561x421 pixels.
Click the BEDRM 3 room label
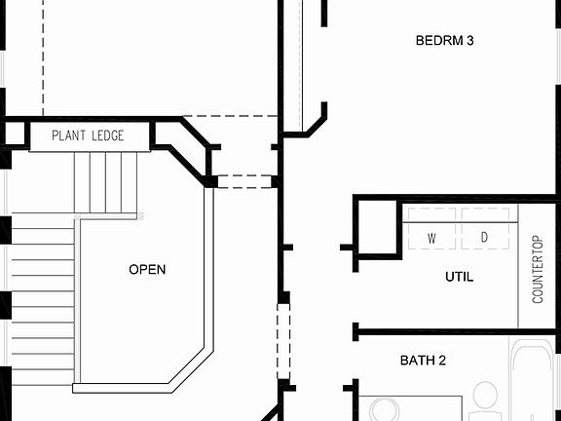pyautogui.click(x=445, y=41)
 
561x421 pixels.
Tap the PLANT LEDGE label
pyautogui.click(x=88, y=136)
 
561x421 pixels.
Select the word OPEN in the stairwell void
pyautogui.click(x=147, y=270)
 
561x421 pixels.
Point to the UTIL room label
pyautogui.click(x=459, y=277)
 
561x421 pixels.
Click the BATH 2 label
pyautogui.click(x=424, y=361)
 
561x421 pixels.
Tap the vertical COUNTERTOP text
pyautogui.click(x=538, y=269)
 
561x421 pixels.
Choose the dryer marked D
pyautogui.click(x=484, y=238)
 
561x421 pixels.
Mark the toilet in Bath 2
pyautogui.click(x=484, y=400)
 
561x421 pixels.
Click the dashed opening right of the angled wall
pyautogui.click(x=243, y=181)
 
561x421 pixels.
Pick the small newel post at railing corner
pyautogui.click(x=141, y=214)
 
